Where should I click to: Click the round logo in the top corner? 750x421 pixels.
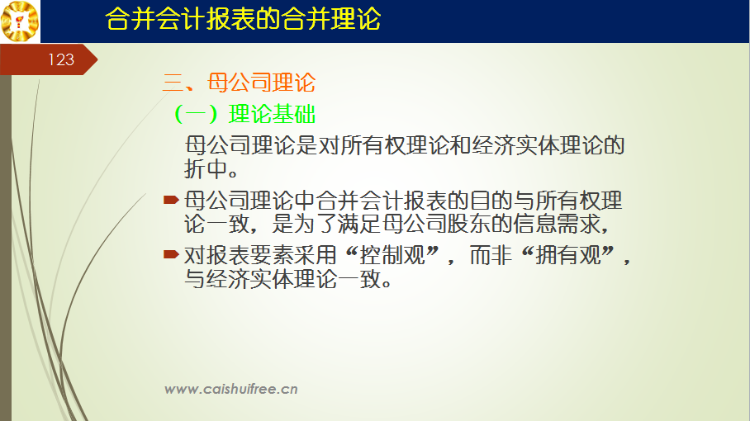(x=20, y=21)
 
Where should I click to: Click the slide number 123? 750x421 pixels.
(x=61, y=59)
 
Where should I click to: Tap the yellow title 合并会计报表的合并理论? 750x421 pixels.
(x=243, y=19)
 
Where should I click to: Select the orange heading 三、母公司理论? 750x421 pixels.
(x=239, y=83)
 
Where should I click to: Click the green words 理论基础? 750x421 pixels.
(x=272, y=114)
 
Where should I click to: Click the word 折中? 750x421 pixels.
(x=206, y=168)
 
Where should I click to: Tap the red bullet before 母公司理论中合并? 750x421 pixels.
(x=171, y=199)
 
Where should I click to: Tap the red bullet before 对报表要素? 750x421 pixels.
(x=171, y=253)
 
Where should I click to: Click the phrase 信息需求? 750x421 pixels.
(x=557, y=224)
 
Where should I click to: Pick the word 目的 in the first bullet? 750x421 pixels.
(x=491, y=201)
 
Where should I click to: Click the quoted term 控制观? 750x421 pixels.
(x=392, y=255)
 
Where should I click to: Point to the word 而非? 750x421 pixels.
(x=491, y=255)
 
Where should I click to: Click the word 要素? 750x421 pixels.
(x=271, y=255)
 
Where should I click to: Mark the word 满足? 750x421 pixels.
(x=358, y=224)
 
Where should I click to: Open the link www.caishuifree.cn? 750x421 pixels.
(x=231, y=389)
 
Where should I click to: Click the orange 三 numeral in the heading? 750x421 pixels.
(x=173, y=83)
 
